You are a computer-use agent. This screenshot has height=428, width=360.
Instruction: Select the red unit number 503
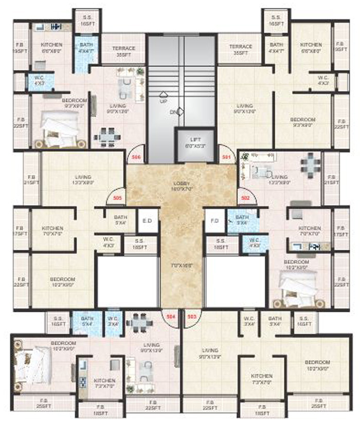(191, 317)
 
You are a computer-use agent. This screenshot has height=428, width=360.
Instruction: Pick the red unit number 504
(171, 317)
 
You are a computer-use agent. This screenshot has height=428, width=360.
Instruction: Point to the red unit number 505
(116, 196)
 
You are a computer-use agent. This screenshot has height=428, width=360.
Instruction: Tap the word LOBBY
(182, 183)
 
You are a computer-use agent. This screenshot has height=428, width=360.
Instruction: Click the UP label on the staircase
(164, 102)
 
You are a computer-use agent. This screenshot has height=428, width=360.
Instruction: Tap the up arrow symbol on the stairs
(163, 94)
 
